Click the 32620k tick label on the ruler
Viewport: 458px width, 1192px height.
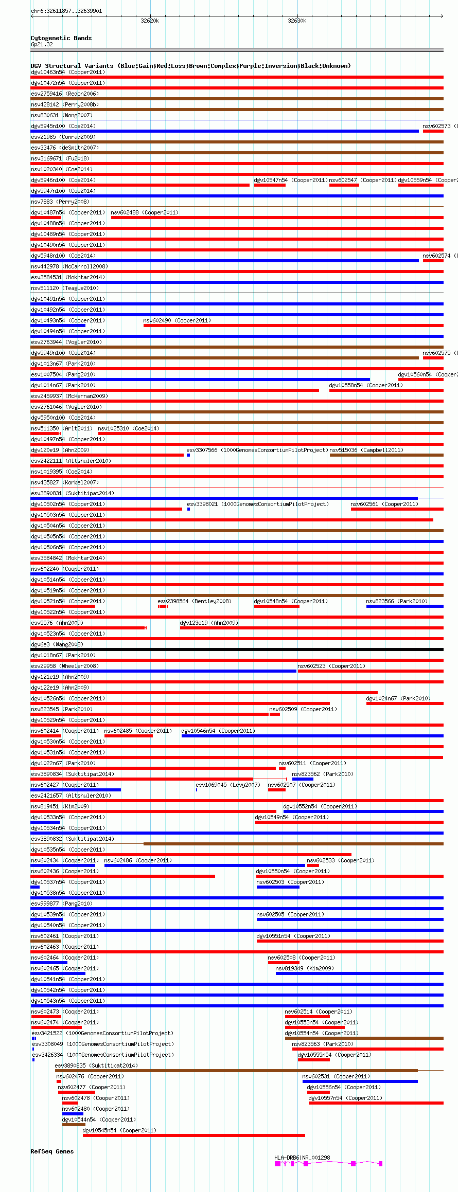pos(150,21)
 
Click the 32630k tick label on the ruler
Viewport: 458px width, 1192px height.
pos(297,21)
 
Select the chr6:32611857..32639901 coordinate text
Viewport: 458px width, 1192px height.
pos(66,11)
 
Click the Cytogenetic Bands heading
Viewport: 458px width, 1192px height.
pos(61,38)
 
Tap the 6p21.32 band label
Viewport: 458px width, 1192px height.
pos(42,44)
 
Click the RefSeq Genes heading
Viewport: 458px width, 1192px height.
pos(52,1151)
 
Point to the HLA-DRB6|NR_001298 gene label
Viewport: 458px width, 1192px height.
pos(302,1158)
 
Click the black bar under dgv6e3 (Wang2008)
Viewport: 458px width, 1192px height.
pos(237,649)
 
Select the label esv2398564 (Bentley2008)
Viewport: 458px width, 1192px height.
pos(195,601)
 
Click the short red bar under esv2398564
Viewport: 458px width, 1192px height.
pos(163,606)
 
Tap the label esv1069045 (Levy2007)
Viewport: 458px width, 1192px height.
pos(228,785)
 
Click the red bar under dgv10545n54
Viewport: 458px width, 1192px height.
pos(193,1135)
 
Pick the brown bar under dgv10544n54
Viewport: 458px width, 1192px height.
pos(74,1125)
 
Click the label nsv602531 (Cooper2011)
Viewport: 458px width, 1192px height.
pos(336,1076)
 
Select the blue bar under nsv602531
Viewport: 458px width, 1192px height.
pos(360,1081)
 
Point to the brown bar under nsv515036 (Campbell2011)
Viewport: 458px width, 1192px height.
pos(386,455)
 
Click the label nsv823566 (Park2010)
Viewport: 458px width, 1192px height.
pos(397,601)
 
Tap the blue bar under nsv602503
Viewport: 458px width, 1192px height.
pos(278,887)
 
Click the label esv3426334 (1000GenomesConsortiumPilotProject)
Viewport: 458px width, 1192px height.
pos(103,1055)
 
